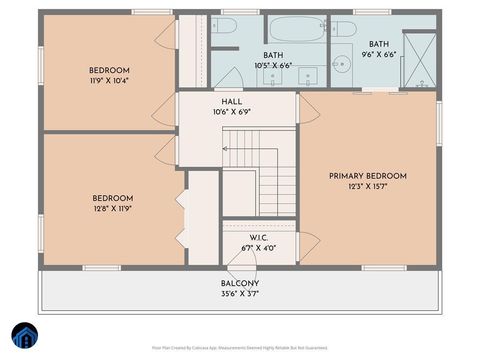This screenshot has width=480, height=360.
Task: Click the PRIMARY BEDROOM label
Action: coord(368,176)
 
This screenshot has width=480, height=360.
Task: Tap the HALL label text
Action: coord(231,101)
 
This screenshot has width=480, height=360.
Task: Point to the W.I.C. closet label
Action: coord(258,237)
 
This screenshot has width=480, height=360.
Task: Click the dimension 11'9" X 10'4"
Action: coord(109,80)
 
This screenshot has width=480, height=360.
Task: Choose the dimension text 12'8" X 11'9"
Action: coord(112,209)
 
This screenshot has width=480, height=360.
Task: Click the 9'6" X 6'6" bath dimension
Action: coord(379,56)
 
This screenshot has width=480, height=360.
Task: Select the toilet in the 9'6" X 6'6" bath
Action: coord(344,27)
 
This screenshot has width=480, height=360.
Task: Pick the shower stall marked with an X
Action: coord(419,60)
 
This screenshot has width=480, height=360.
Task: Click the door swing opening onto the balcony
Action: coord(242,267)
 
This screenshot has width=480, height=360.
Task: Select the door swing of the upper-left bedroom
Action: coord(165,35)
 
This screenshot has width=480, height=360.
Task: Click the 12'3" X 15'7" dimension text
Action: coord(368,187)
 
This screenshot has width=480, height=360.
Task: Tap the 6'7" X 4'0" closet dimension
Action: coord(258,248)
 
